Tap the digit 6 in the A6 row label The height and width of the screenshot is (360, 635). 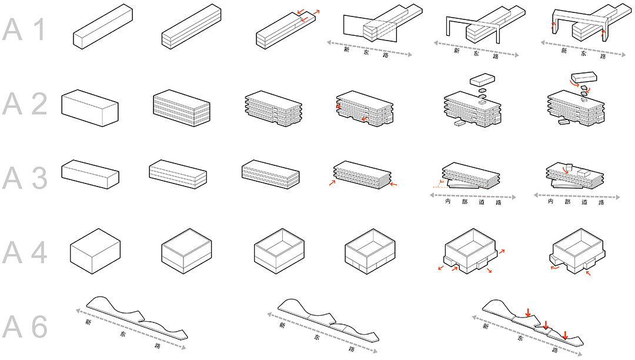coord(40,326)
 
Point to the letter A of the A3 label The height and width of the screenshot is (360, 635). coord(12,178)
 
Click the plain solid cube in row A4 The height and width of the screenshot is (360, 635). coord(95,251)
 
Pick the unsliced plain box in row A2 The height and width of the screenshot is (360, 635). coord(89,108)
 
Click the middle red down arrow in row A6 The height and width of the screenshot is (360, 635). coord(546,324)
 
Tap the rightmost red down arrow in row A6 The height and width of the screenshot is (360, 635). coord(566,335)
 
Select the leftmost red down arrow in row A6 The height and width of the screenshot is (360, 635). coord(527,312)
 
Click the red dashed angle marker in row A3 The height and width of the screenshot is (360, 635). coord(439,184)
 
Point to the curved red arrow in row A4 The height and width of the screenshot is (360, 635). coord(555,267)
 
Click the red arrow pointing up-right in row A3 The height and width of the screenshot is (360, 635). coord(332,182)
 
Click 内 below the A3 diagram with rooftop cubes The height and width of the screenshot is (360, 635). coord(550,201)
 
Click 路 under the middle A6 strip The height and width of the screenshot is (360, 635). coord(351,349)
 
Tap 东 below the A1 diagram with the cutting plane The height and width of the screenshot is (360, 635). coord(366,52)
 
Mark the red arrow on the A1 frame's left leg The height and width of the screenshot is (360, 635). coord(553,26)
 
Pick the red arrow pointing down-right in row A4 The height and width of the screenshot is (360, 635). coord(489,271)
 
